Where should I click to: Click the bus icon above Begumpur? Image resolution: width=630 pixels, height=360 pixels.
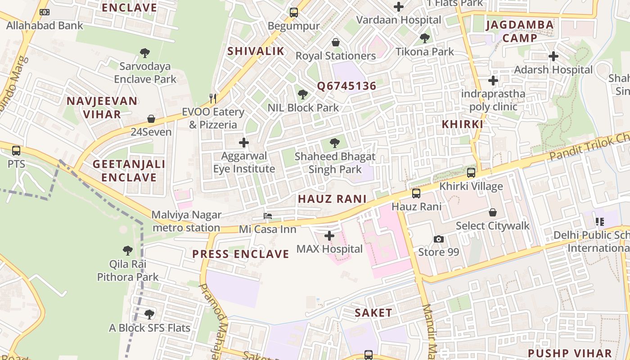click(294, 13)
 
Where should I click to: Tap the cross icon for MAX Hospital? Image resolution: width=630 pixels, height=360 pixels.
click(329, 235)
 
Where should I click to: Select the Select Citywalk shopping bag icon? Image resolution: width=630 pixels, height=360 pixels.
click(493, 212)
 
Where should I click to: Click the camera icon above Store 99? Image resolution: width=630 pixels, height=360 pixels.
click(439, 239)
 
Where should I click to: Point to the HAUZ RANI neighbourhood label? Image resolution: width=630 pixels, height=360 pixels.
click(332, 199)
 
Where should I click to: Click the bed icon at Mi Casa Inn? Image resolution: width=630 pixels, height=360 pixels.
click(268, 216)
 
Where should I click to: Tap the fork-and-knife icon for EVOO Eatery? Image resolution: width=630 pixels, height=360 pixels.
click(213, 98)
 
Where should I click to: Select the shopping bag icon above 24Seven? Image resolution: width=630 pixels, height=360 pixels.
click(151, 119)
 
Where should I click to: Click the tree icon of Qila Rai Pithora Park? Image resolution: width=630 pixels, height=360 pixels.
click(128, 250)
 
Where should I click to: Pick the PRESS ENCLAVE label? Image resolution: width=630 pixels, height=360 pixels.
click(240, 254)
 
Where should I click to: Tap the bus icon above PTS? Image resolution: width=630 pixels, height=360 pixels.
click(16, 150)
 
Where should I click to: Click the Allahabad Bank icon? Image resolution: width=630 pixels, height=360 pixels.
click(45, 12)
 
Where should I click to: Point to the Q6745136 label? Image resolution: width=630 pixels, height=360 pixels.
click(346, 86)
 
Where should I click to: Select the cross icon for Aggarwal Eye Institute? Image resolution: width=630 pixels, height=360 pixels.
click(244, 143)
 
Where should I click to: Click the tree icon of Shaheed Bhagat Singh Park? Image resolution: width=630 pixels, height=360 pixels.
click(334, 143)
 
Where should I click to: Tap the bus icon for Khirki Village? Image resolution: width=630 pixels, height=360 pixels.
click(471, 172)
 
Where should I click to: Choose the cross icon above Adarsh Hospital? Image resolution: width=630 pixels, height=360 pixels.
click(553, 56)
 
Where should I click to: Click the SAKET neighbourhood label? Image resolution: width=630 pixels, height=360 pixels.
click(373, 313)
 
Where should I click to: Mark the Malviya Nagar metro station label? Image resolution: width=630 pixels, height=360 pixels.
click(186, 221)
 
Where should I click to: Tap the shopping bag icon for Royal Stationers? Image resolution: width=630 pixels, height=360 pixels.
click(335, 42)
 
